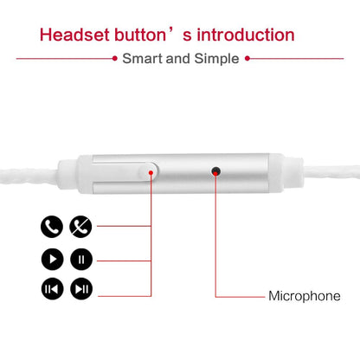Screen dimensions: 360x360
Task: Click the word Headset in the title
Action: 75,35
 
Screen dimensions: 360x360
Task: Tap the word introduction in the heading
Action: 246,35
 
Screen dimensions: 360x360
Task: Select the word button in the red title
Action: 140,35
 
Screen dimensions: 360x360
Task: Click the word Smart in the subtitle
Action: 142,59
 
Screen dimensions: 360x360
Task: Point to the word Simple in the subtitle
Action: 216,59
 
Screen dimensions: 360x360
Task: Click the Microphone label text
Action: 305,296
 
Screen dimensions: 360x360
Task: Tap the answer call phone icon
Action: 52,227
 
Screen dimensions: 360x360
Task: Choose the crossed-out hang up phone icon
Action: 80,227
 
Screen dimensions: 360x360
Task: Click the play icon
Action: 53,259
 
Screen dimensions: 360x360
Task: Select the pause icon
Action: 81,259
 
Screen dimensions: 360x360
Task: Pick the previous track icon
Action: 53,289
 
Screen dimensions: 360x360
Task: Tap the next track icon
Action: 81,289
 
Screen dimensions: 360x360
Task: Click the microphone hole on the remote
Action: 215,171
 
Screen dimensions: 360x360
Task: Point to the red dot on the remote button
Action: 151,172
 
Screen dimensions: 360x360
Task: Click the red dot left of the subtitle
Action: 115,59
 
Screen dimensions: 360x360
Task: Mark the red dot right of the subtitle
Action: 247,59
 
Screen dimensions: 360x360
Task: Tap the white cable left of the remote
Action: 29,177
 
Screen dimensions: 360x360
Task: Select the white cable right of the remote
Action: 331,173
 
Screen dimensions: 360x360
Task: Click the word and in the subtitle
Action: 178,59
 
